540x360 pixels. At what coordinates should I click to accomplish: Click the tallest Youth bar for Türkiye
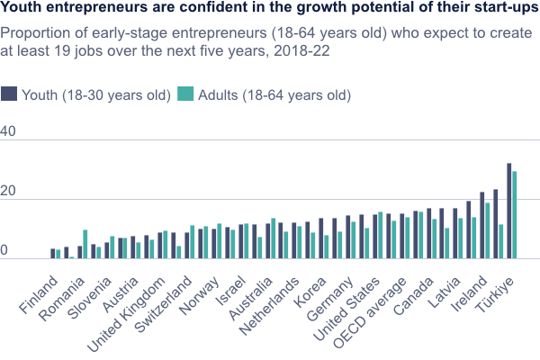pyautogui.click(x=508, y=211)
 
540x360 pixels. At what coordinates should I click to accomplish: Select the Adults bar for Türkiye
pyautogui.click(x=515, y=215)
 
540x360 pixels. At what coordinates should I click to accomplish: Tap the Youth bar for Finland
pyautogui.click(x=53, y=254)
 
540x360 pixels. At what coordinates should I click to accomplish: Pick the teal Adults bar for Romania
pyautogui.click(x=85, y=245)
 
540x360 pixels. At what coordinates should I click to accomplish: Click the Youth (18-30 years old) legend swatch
pyautogui.click(x=9, y=94)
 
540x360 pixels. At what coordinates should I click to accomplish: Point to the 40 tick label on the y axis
pyautogui.click(x=8, y=133)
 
